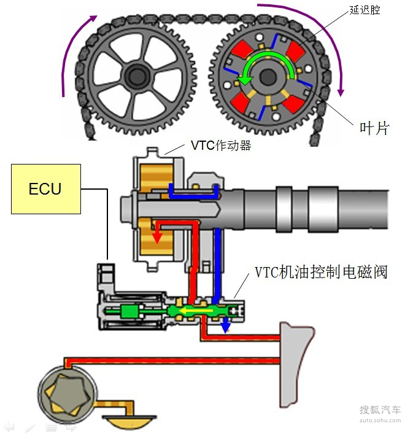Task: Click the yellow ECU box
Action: [x=46, y=188]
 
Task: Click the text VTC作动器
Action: [x=221, y=146]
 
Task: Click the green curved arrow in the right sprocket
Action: [x=264, y=64]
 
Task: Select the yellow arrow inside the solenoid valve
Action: [x=200, y=311]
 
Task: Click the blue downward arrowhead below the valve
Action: [x=226, y=327]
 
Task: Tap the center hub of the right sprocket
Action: [x=268, y=77]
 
